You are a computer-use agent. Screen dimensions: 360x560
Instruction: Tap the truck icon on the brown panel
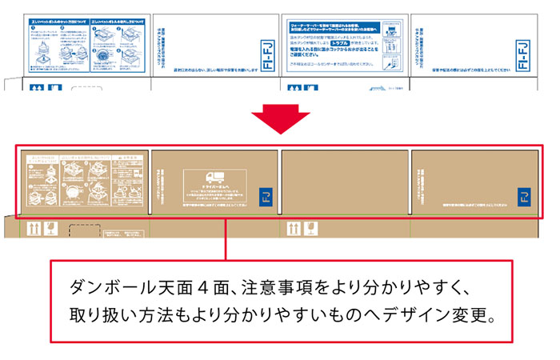click(x=216, y=178)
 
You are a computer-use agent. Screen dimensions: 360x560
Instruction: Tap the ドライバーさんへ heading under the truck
click(x=214, y=189)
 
